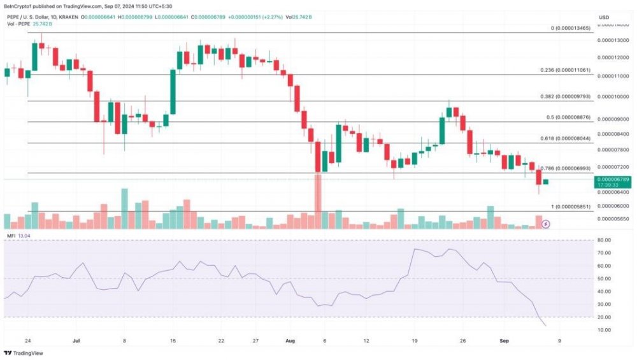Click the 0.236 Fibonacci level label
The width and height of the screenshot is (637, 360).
click(566, 70)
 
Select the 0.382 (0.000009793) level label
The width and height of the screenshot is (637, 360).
click(566, 97)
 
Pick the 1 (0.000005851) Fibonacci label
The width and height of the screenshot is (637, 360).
click(571, 207)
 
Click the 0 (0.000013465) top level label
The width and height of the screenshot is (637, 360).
click(571, 29)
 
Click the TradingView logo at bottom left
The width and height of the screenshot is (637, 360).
click(20, 352)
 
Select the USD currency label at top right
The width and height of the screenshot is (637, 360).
click(605, 16)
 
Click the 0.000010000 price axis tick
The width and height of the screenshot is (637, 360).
click(612, 97)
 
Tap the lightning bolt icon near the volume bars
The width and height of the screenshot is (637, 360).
click(545, 224)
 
